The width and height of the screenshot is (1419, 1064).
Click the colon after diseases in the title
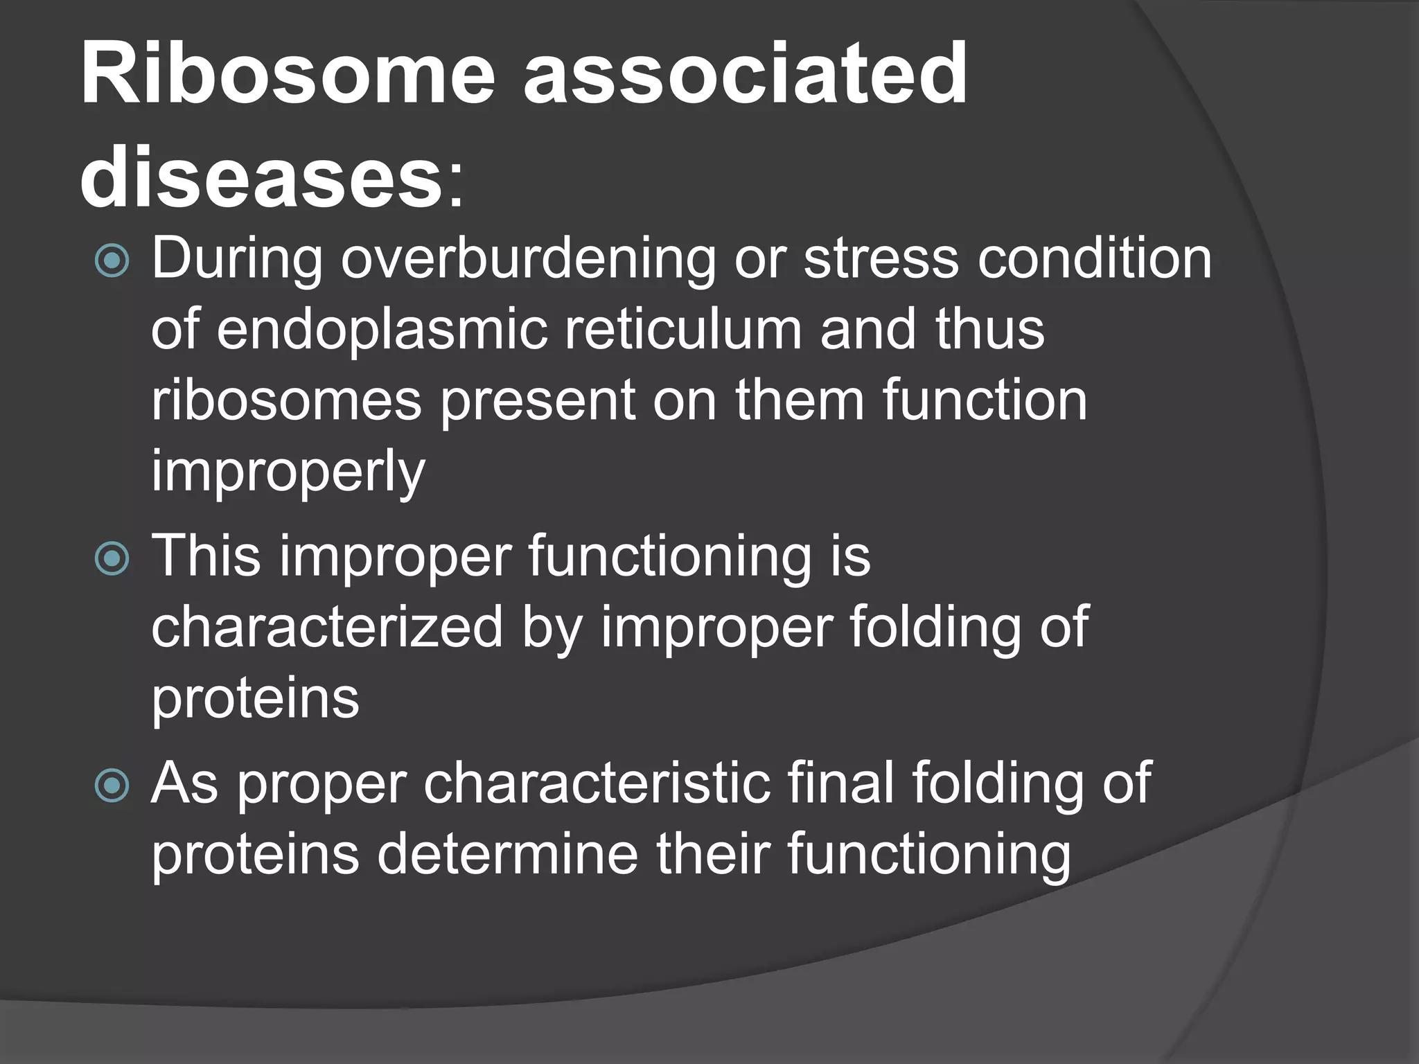tap(455, 187)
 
